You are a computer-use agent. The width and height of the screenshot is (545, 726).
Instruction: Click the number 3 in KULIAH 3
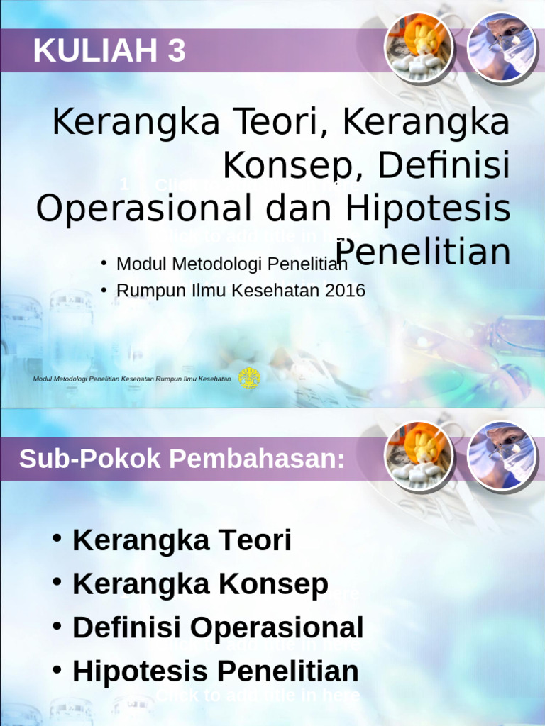(177, 52)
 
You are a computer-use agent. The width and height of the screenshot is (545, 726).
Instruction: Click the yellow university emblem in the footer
(249, 379)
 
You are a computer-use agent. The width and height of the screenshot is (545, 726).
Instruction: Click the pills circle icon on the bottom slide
(418, 456)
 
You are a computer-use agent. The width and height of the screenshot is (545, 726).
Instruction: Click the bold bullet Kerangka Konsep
(200, 584)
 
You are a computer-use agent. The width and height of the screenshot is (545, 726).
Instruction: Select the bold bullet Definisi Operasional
(218, 628)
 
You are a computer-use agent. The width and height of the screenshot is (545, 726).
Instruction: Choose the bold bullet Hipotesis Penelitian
(215, 671)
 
